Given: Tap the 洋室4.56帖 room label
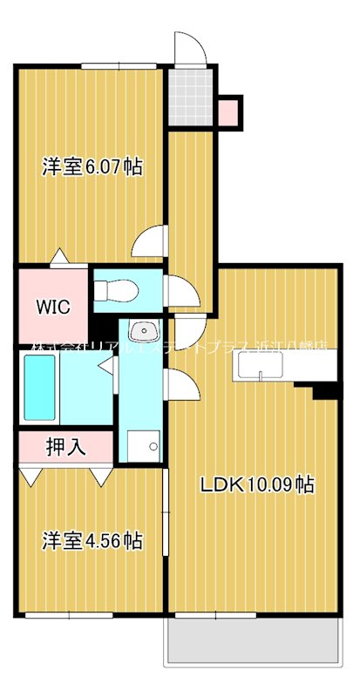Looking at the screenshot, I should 92,541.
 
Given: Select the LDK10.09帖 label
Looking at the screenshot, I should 259,485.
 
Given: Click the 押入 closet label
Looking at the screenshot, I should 65,448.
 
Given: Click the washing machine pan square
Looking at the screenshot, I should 140,445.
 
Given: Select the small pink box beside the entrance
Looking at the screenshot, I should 229,111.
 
